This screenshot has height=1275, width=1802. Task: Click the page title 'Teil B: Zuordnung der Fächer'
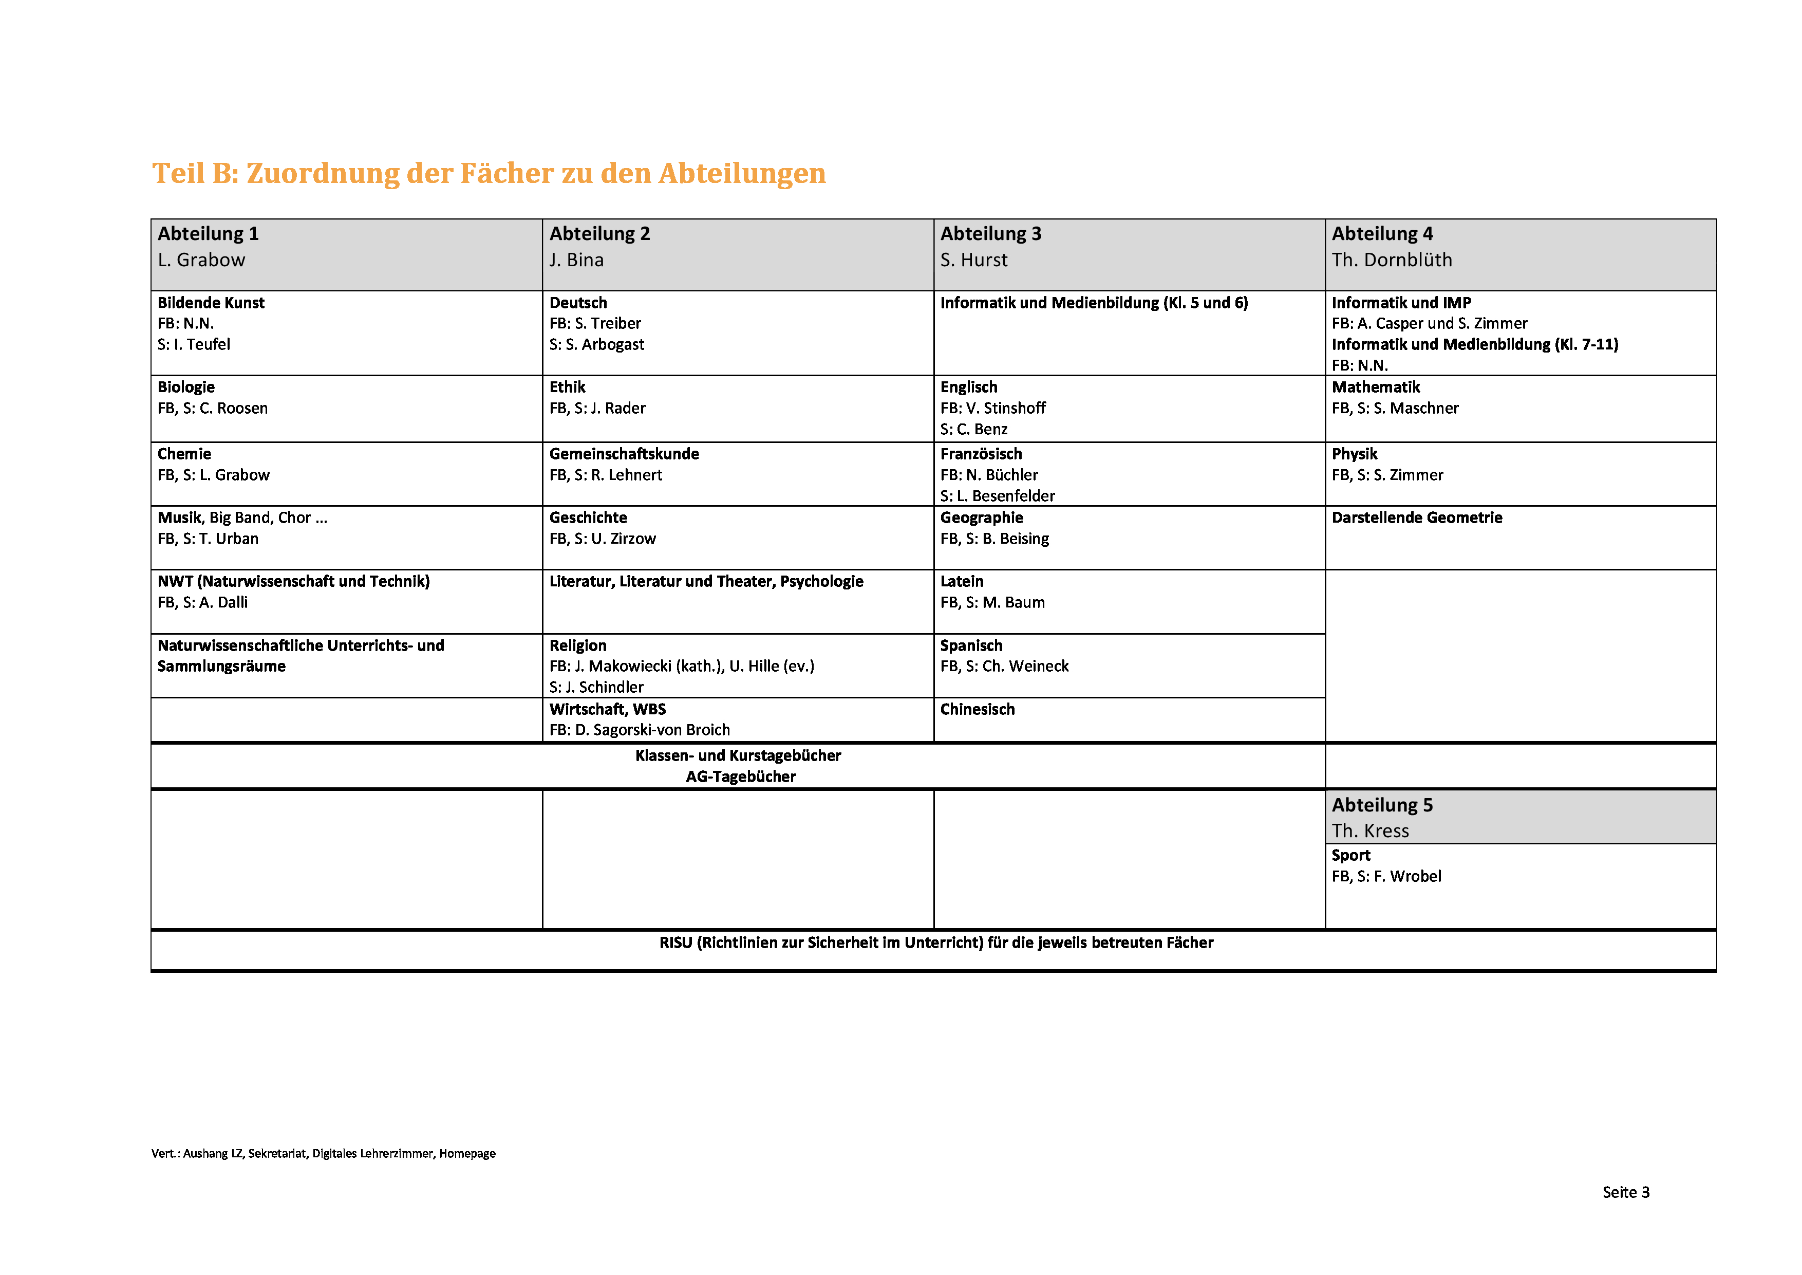[488, 174]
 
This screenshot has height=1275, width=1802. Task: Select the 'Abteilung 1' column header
[208, 234]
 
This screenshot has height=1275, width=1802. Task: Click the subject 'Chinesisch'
[977, 709]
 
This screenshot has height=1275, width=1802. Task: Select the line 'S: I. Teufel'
[193, 345]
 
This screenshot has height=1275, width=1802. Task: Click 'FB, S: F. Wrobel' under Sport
[1385, 876]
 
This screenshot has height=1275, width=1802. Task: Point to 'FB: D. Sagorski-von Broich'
[639, 730]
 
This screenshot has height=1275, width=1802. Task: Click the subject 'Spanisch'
[971, 645]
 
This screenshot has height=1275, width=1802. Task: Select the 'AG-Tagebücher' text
[740, 777]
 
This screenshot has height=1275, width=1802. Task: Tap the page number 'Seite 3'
[1625, 1192]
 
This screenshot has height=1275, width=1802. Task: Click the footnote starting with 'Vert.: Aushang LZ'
[323, 1153]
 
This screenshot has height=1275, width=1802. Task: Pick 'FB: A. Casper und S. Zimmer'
[1429, 323]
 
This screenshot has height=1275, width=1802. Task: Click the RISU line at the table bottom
[935, 943]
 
